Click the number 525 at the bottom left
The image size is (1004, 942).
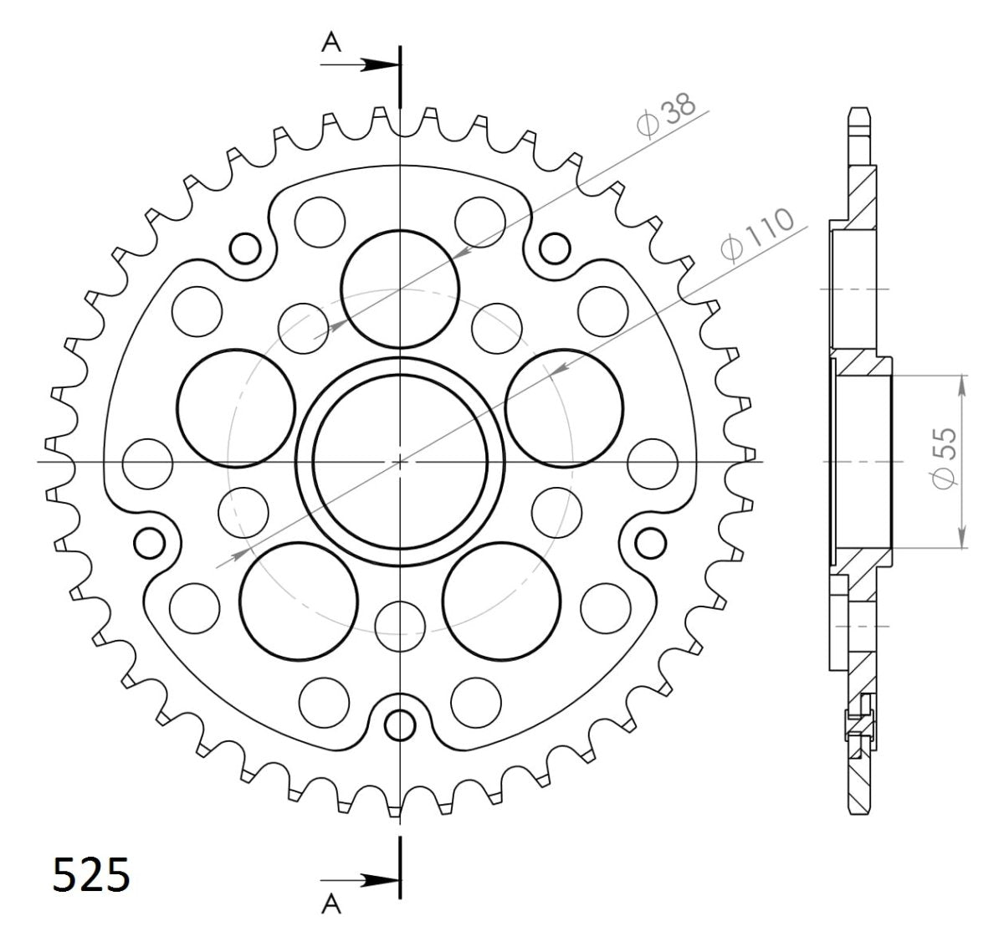tap(91, 876)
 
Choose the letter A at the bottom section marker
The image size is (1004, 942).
tap(332, 906)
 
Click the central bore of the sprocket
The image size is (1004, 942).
tap(401, 460)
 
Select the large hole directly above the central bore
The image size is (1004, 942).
tap(401, 288)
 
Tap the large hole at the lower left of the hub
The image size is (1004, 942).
tap(297, 600)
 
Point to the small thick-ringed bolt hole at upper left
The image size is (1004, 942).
tap(245, 248)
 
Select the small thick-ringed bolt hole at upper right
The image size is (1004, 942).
tap(553, 248)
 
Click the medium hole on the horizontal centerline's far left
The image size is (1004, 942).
tap(147, 462)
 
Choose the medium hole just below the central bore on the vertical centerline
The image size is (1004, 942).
tap(400, 623)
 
